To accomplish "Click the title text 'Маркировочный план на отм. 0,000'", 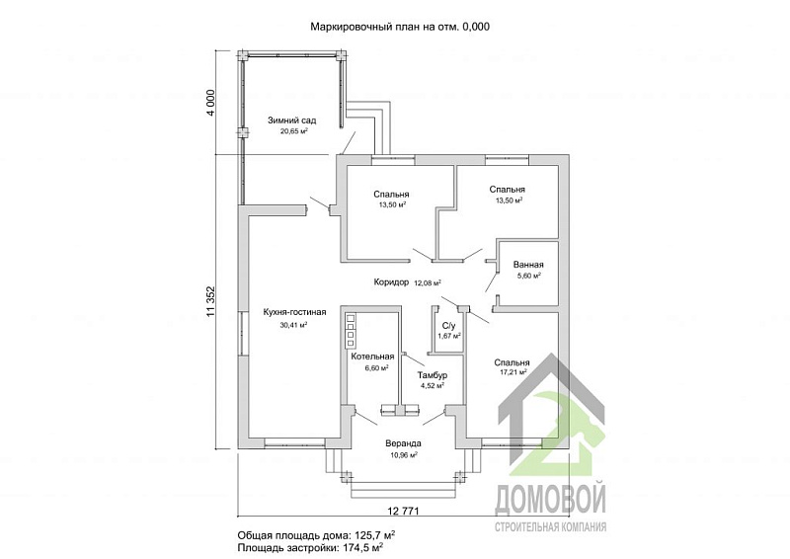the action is coord(400,27).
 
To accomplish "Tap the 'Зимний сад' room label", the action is coord(291,120).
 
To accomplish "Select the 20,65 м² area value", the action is coord(293,131).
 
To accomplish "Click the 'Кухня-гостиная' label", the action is coord(294,312).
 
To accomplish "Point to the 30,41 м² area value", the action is coord(293,325).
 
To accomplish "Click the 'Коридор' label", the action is coord(391,282).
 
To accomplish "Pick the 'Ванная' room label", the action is coord(528,265).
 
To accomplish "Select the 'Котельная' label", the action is coord(372,357).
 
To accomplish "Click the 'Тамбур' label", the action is coord(433,375).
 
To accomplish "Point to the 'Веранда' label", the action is coord(403,444).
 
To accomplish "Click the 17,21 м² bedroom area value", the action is coord(513,372).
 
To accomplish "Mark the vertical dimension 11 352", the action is coord(210,301).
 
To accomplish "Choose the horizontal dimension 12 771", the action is coord(403,512).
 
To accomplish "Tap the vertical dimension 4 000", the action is coord(210,103).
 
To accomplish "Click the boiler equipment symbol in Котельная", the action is coord(351,330).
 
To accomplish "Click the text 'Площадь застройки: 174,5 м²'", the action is coord(310,547).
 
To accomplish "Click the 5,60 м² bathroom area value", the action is coord(529,276).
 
